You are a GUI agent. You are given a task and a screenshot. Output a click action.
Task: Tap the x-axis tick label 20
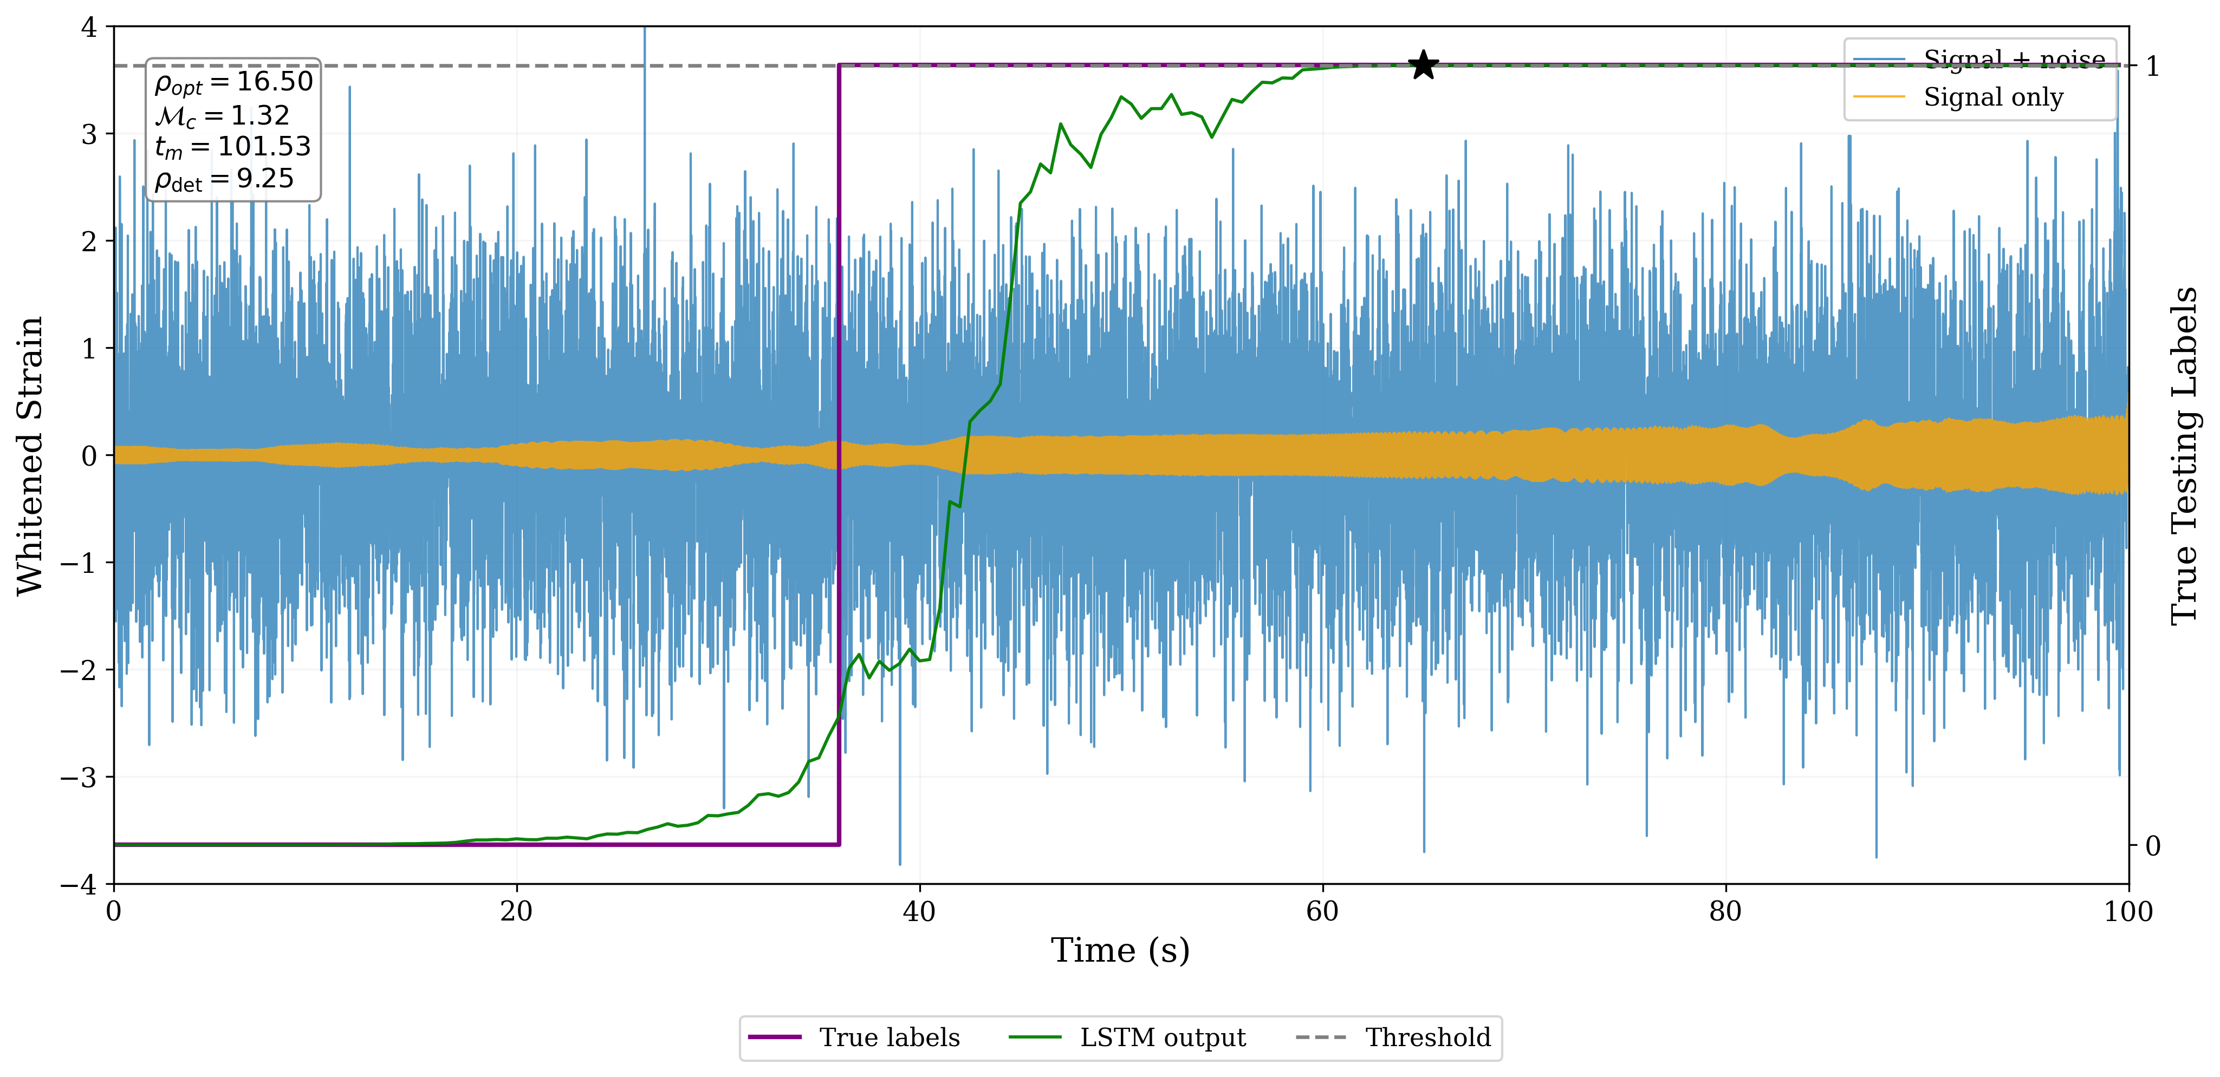pyautogui.click(x=516, y=911)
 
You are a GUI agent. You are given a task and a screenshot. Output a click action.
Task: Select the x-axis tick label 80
pyautogui.click(x=1725, y=911)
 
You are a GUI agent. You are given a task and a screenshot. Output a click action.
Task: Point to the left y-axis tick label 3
pyautogui.click(x=89, y=134)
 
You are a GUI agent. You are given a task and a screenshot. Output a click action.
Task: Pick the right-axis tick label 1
pyautogui.click(x=2152, y=67)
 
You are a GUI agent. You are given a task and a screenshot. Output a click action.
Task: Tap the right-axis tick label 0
pyautogui.click(x=2152, y=846)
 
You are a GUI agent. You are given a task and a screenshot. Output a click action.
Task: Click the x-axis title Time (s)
pyautogui.click(x=1120, y=950)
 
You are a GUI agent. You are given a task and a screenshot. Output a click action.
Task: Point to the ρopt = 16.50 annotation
pyautogui.click(x=233, y=83)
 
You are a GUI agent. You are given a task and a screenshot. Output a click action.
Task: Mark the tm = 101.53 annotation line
pyautogui.click(x=233, y=147)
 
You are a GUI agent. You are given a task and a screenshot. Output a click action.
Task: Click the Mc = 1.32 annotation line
pyautogui.click(x=222, y=115)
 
